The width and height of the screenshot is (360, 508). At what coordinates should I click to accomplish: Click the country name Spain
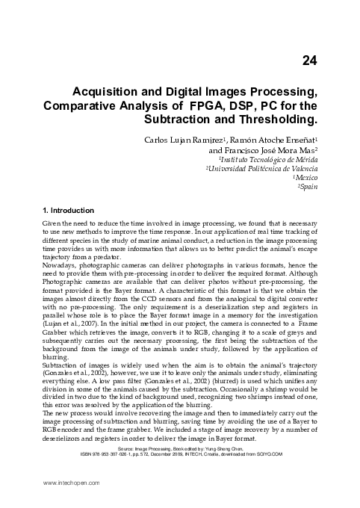(x=309, y=188)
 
